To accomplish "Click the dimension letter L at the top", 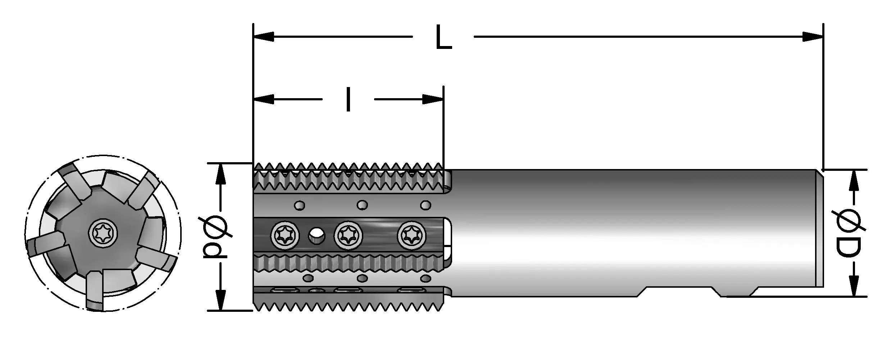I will point(443,37).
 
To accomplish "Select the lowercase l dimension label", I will point(348,99).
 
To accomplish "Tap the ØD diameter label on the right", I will point(851,238).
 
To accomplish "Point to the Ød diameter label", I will point(216,237).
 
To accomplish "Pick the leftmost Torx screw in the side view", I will point(286,236).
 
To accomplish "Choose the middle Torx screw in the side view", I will point(348,236).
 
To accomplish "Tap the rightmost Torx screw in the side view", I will point(411,236).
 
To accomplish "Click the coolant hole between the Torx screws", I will point(316,236).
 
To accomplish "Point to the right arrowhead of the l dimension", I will point(433,99).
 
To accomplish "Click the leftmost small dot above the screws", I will point(300,206).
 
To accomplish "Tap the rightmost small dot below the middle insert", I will point(426,278).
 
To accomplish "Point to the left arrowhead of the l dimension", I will point(263,99).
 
